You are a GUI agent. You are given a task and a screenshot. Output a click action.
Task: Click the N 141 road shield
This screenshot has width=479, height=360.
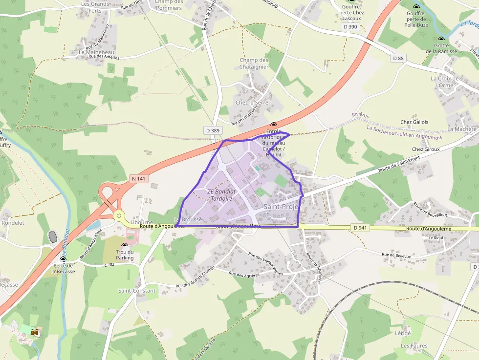click(x=139, y=179)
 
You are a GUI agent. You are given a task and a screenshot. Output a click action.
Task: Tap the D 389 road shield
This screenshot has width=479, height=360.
click(x=213, y=130)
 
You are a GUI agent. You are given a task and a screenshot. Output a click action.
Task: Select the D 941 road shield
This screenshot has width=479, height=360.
click(x=359, y=227)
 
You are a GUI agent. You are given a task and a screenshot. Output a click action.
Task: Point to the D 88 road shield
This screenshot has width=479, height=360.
click(x=398, y=58)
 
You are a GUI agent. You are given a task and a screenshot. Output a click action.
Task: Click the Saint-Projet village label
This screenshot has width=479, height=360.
click(x=281, y=207)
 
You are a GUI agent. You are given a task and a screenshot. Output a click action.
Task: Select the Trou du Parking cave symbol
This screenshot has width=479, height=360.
click(x=124, y=245)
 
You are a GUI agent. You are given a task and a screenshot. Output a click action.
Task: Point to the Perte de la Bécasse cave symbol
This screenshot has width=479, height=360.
click(x=63, y=259)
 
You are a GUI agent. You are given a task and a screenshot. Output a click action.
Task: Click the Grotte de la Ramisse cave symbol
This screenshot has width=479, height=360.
click(x=441, y=40)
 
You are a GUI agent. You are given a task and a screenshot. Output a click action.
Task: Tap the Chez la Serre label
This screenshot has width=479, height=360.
click(x=252, y=103)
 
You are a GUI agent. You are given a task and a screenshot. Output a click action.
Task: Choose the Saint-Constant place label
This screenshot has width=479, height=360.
click(x=137, y=291)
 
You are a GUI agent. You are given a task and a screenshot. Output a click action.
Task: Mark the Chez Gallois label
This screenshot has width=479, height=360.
click(x=414, y=122)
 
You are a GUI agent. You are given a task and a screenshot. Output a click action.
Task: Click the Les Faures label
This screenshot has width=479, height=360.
click(x=414, y=346)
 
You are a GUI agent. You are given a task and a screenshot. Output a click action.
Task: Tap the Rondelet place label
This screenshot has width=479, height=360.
click(x=13, y=223)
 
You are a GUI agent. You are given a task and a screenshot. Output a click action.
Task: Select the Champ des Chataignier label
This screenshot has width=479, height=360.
click(x=254, y=64)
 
